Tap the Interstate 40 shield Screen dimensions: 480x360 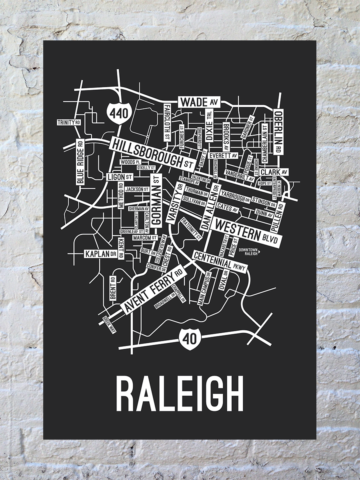[187, 337]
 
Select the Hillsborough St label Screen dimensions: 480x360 [152, 152]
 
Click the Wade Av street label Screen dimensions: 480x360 [198, 102]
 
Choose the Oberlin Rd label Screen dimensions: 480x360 [278, 132]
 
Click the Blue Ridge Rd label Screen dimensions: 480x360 [80, 162]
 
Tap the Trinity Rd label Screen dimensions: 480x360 [68, 122]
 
